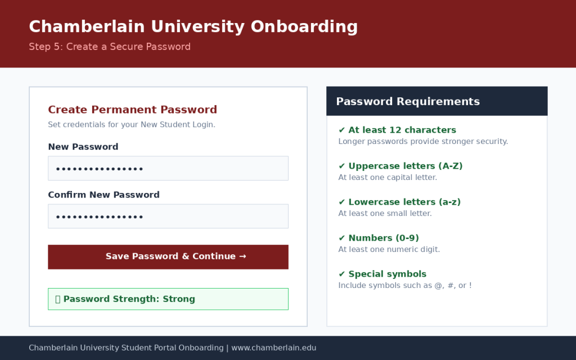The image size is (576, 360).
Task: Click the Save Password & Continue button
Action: coord(168,256)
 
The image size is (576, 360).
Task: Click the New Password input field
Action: coord(168,168)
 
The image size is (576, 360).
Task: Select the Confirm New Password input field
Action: coord(168,216)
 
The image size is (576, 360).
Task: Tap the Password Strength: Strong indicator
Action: coord(168,299)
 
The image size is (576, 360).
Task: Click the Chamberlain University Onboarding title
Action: coord(193,27)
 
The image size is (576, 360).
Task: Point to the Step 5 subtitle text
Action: coord(110,47)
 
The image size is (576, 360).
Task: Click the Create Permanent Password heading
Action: coord(132,110)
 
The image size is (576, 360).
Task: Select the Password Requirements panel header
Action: coord(436,101)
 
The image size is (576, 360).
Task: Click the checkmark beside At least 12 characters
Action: coord(341,130)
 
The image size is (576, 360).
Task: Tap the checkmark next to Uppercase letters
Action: coord(341,166)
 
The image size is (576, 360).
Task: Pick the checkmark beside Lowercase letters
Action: coord(341,202)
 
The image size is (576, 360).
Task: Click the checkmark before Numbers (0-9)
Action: coord(341,238)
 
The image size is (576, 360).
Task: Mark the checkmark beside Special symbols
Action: coord(341,274)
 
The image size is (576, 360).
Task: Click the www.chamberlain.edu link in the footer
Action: coord(274,348)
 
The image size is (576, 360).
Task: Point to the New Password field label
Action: coord(83,147)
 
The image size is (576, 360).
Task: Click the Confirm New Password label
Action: coord(103,195)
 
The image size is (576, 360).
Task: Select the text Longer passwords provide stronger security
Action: coord(423,141)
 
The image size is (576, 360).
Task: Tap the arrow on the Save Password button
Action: coord(242,256)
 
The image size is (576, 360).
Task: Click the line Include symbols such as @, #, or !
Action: coord(405,285)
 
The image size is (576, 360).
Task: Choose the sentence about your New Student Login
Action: coord(132,124)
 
